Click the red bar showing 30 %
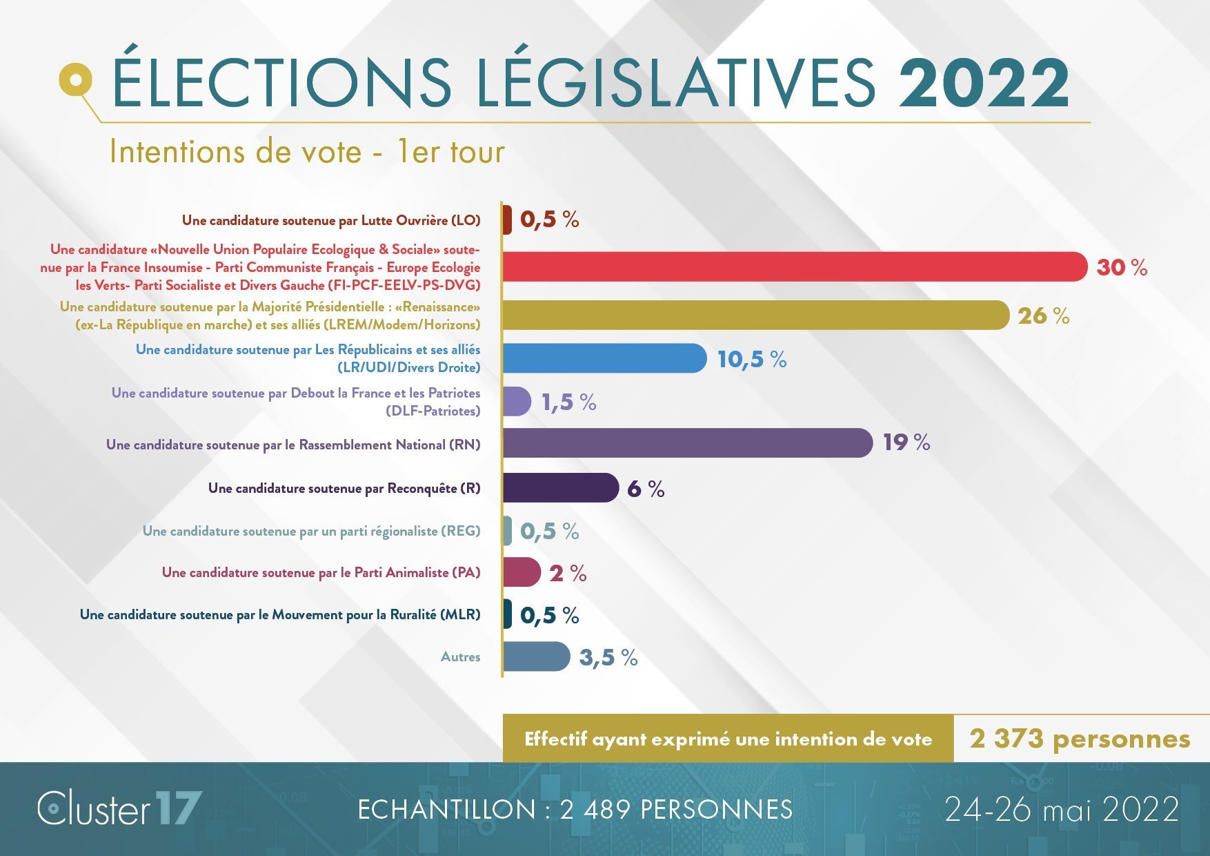(x=793, y=266)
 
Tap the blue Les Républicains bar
(x=604, y=358)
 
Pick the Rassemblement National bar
(x=686, y=442)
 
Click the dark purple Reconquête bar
(x=560, y=488)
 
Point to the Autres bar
(x=536, y=656)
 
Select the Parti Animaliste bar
(x=521, y=572)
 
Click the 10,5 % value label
(x=752, y=359)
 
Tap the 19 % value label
(x=906, y=442)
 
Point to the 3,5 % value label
(x=608, y=657)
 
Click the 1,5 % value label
(x=568, y=402)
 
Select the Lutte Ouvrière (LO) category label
(x=331, y=220)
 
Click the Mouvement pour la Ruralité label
(x=280, y=614)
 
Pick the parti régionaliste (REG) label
(x=311, y=531)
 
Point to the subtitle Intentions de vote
(x=307, y=152)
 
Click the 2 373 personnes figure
(x=1080, y=739)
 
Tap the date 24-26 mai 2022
(x=1062, y=809)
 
